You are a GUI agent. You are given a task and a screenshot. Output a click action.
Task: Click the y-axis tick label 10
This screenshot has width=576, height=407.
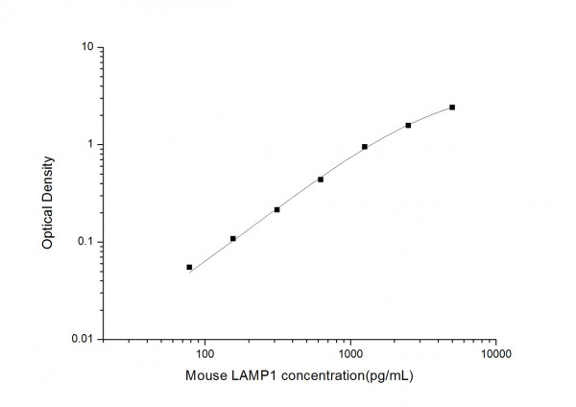pyautogui.click(x=86, y=47)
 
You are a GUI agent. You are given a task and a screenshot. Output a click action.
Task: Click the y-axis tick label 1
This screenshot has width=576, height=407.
pyautogui.click(x=89, y=145)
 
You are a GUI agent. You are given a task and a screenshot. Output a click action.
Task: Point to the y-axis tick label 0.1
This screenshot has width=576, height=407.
pyautogui.click(x=84, y=242)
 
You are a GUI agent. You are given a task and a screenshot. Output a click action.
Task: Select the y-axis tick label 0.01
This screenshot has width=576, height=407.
pyautogui.click(x=82, y=340)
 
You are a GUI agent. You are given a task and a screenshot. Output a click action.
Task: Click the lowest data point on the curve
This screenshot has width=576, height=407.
pyautogui.click(x=189, y=267)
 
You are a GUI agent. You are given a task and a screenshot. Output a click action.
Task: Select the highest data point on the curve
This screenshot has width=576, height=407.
pyautogui.click(x=452, y=108)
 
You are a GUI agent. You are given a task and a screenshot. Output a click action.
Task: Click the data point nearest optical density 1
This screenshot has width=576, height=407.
pyautogui.click(x=365, y=147)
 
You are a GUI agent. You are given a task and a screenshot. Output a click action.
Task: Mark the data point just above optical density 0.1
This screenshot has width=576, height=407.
pyautogui.click(x=233, y=238)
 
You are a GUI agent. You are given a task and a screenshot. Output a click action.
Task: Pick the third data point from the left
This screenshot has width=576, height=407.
pyautogui.click(x=276, y=209)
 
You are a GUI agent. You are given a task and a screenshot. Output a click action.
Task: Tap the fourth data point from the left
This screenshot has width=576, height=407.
pyautogui.click(x=321, y=180)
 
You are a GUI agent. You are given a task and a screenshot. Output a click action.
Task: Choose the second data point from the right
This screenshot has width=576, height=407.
pyautogui.click(x=408, y=125)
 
